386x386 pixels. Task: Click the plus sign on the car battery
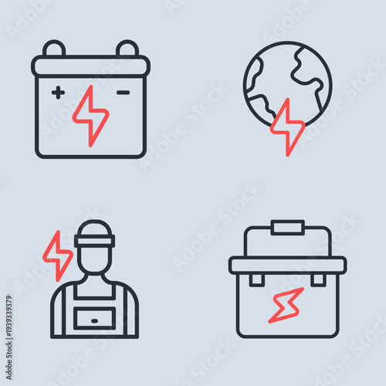click(x=58, y=93)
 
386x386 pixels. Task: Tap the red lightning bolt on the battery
click(x=90, y=116)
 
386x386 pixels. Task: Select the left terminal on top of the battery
click(x=54, y=49)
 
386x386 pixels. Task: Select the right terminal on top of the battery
click(x=127, y=49)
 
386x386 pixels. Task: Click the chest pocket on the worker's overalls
click(x=95, y=317)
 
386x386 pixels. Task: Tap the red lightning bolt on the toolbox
click(x=286, y=305)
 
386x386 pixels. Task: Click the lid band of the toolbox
click(x=287, y=265)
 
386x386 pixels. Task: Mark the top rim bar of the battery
click(x=90, y=66)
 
